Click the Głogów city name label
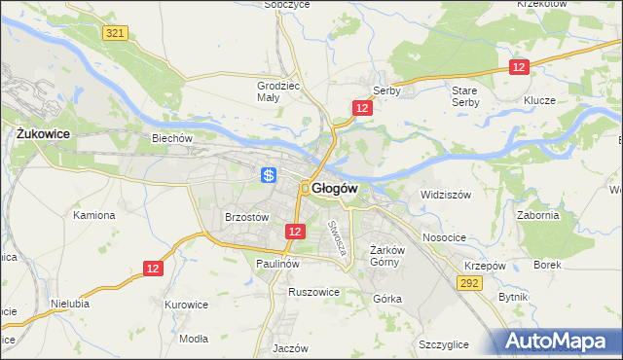pos(336,188)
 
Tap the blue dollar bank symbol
pos(270,175)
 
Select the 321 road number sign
pos(115,33)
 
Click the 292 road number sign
pos(470,283)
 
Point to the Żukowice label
pos(41,133)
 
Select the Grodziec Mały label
pos(277,90)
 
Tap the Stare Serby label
pos(465,96)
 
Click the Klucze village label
pos(538,100)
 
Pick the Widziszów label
pos(445,195)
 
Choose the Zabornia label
pos(538,216)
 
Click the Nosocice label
pos(443,237)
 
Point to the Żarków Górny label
pos(386,255)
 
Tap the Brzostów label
pos(246,218)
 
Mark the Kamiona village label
pos(94,215)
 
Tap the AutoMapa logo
pos(560,342)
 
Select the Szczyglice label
pos(443,344)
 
